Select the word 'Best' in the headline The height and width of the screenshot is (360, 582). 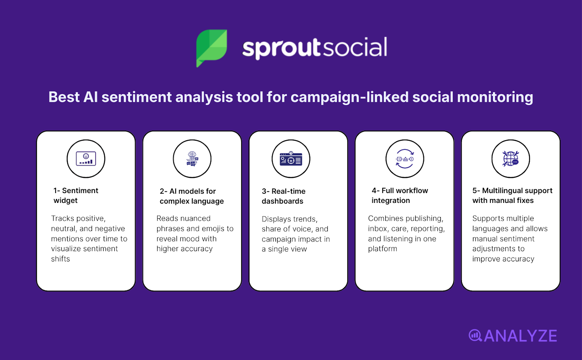click(64, 97)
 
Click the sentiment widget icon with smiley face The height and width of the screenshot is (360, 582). click(86, 159)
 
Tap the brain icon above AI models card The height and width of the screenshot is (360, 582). click(192, 159)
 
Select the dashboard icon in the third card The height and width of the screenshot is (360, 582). click(291, 159)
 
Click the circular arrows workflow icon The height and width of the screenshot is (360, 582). click(404, 159)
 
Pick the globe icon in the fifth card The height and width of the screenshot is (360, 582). click(511, 159)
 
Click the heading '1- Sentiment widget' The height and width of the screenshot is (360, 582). click(76, 195)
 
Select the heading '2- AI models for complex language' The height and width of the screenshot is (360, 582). click(192, 196)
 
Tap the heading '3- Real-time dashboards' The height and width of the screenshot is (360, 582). click(283, 196)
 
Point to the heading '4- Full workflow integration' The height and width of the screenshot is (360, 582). click(400, 195)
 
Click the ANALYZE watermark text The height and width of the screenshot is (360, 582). click(521, 336)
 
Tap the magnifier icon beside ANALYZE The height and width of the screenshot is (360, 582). click(475, 335)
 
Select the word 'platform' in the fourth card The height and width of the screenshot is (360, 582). click(382, 249)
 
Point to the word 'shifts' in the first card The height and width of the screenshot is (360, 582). click(60, 259)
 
